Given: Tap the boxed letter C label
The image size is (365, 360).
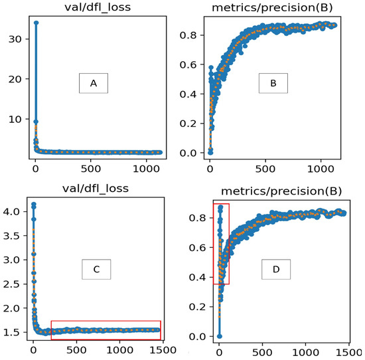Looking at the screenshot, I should pyautogui.click(x=96, y=269).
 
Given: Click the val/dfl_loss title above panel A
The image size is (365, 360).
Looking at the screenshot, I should pyautogui.click(x=91, y=7).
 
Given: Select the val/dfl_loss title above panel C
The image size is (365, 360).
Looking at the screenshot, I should pyautogui.click(x=91, y=188).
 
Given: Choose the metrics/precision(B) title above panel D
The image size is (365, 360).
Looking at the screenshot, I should pyautogui.click(x=278, y=191).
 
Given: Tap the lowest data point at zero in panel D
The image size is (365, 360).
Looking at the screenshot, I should pyautogui.click(x=219, y=336).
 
